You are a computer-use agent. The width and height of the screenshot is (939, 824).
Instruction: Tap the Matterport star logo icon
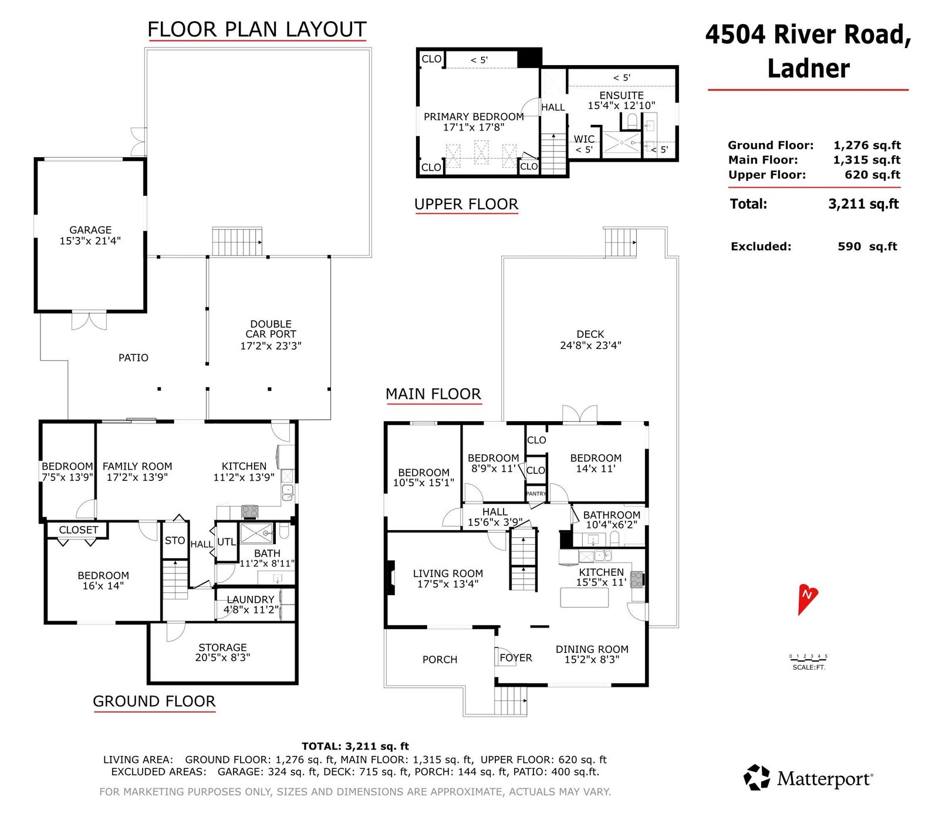(x=756, y=777)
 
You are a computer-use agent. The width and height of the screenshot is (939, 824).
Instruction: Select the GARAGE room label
(x=90, y=230)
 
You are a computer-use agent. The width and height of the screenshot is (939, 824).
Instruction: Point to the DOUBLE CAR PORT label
(x=271, y=328)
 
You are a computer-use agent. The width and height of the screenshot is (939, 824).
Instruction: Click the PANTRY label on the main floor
(x=536, y=494)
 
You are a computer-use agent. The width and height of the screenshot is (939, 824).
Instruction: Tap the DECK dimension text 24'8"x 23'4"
(x=590, y=345)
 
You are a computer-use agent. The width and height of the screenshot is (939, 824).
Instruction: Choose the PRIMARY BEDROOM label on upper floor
(x=474, y=117)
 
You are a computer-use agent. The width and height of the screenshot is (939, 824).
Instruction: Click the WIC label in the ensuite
(x=584, y=139)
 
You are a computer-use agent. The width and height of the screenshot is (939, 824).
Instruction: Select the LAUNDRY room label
(x=251, y=599)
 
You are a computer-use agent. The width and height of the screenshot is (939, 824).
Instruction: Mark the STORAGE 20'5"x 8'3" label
(x=222, y=652)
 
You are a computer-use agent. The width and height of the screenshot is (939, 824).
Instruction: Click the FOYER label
(x=516, y=658)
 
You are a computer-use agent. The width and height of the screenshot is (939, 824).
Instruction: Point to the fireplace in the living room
(x=389, y=578)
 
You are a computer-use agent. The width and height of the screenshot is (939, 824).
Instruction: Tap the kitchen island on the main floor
(x=584, y=598)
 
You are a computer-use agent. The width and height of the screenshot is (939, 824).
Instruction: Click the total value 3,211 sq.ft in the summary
(x=863, y=204)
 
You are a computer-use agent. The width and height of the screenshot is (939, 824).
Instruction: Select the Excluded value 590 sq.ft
(x=867, y=246)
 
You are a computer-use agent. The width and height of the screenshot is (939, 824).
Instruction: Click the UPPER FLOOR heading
(x=467, y=204)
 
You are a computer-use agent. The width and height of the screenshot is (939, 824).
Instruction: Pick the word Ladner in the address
(x=808, y=68)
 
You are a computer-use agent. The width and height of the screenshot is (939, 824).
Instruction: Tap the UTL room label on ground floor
(x=227, y=542)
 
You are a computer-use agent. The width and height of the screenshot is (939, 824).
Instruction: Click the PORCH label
(x=440, y=659)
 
